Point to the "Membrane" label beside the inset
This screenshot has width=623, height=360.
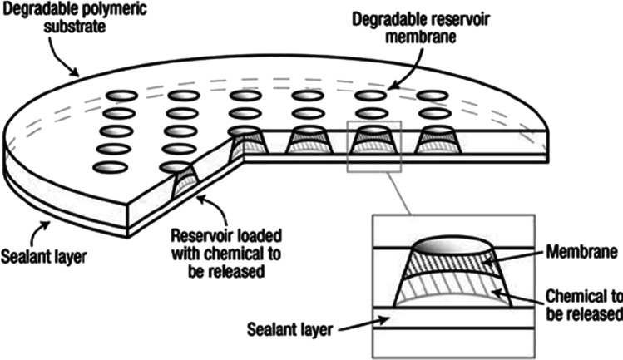click(x=581, y=252)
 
